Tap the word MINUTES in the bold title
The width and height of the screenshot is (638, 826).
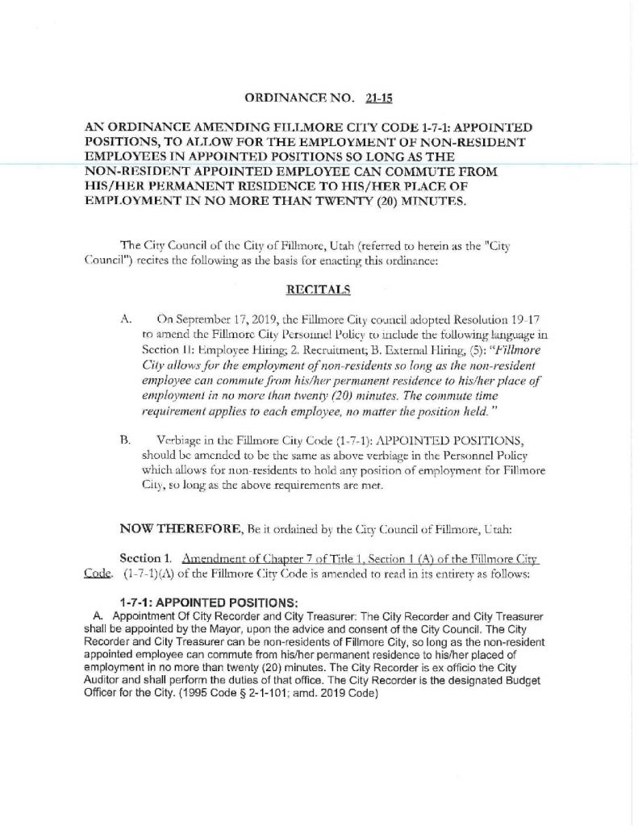tap(427, 202)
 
